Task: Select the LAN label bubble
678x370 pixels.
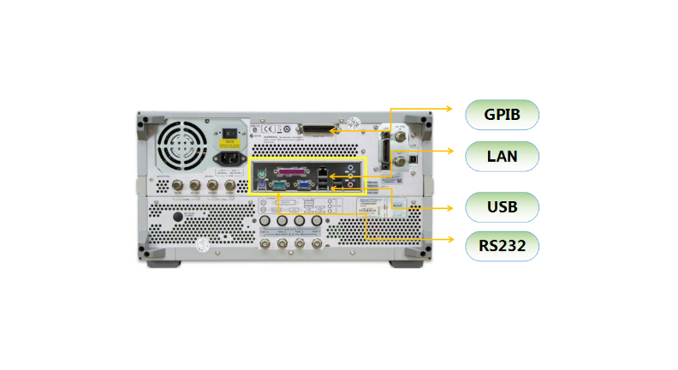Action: click(x=501, y=156)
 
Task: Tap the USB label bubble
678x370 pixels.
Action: click(x=501, y=207)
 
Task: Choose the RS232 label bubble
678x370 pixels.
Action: click(x=501, y=247)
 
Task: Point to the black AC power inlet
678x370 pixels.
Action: click(x=229, y=157)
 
